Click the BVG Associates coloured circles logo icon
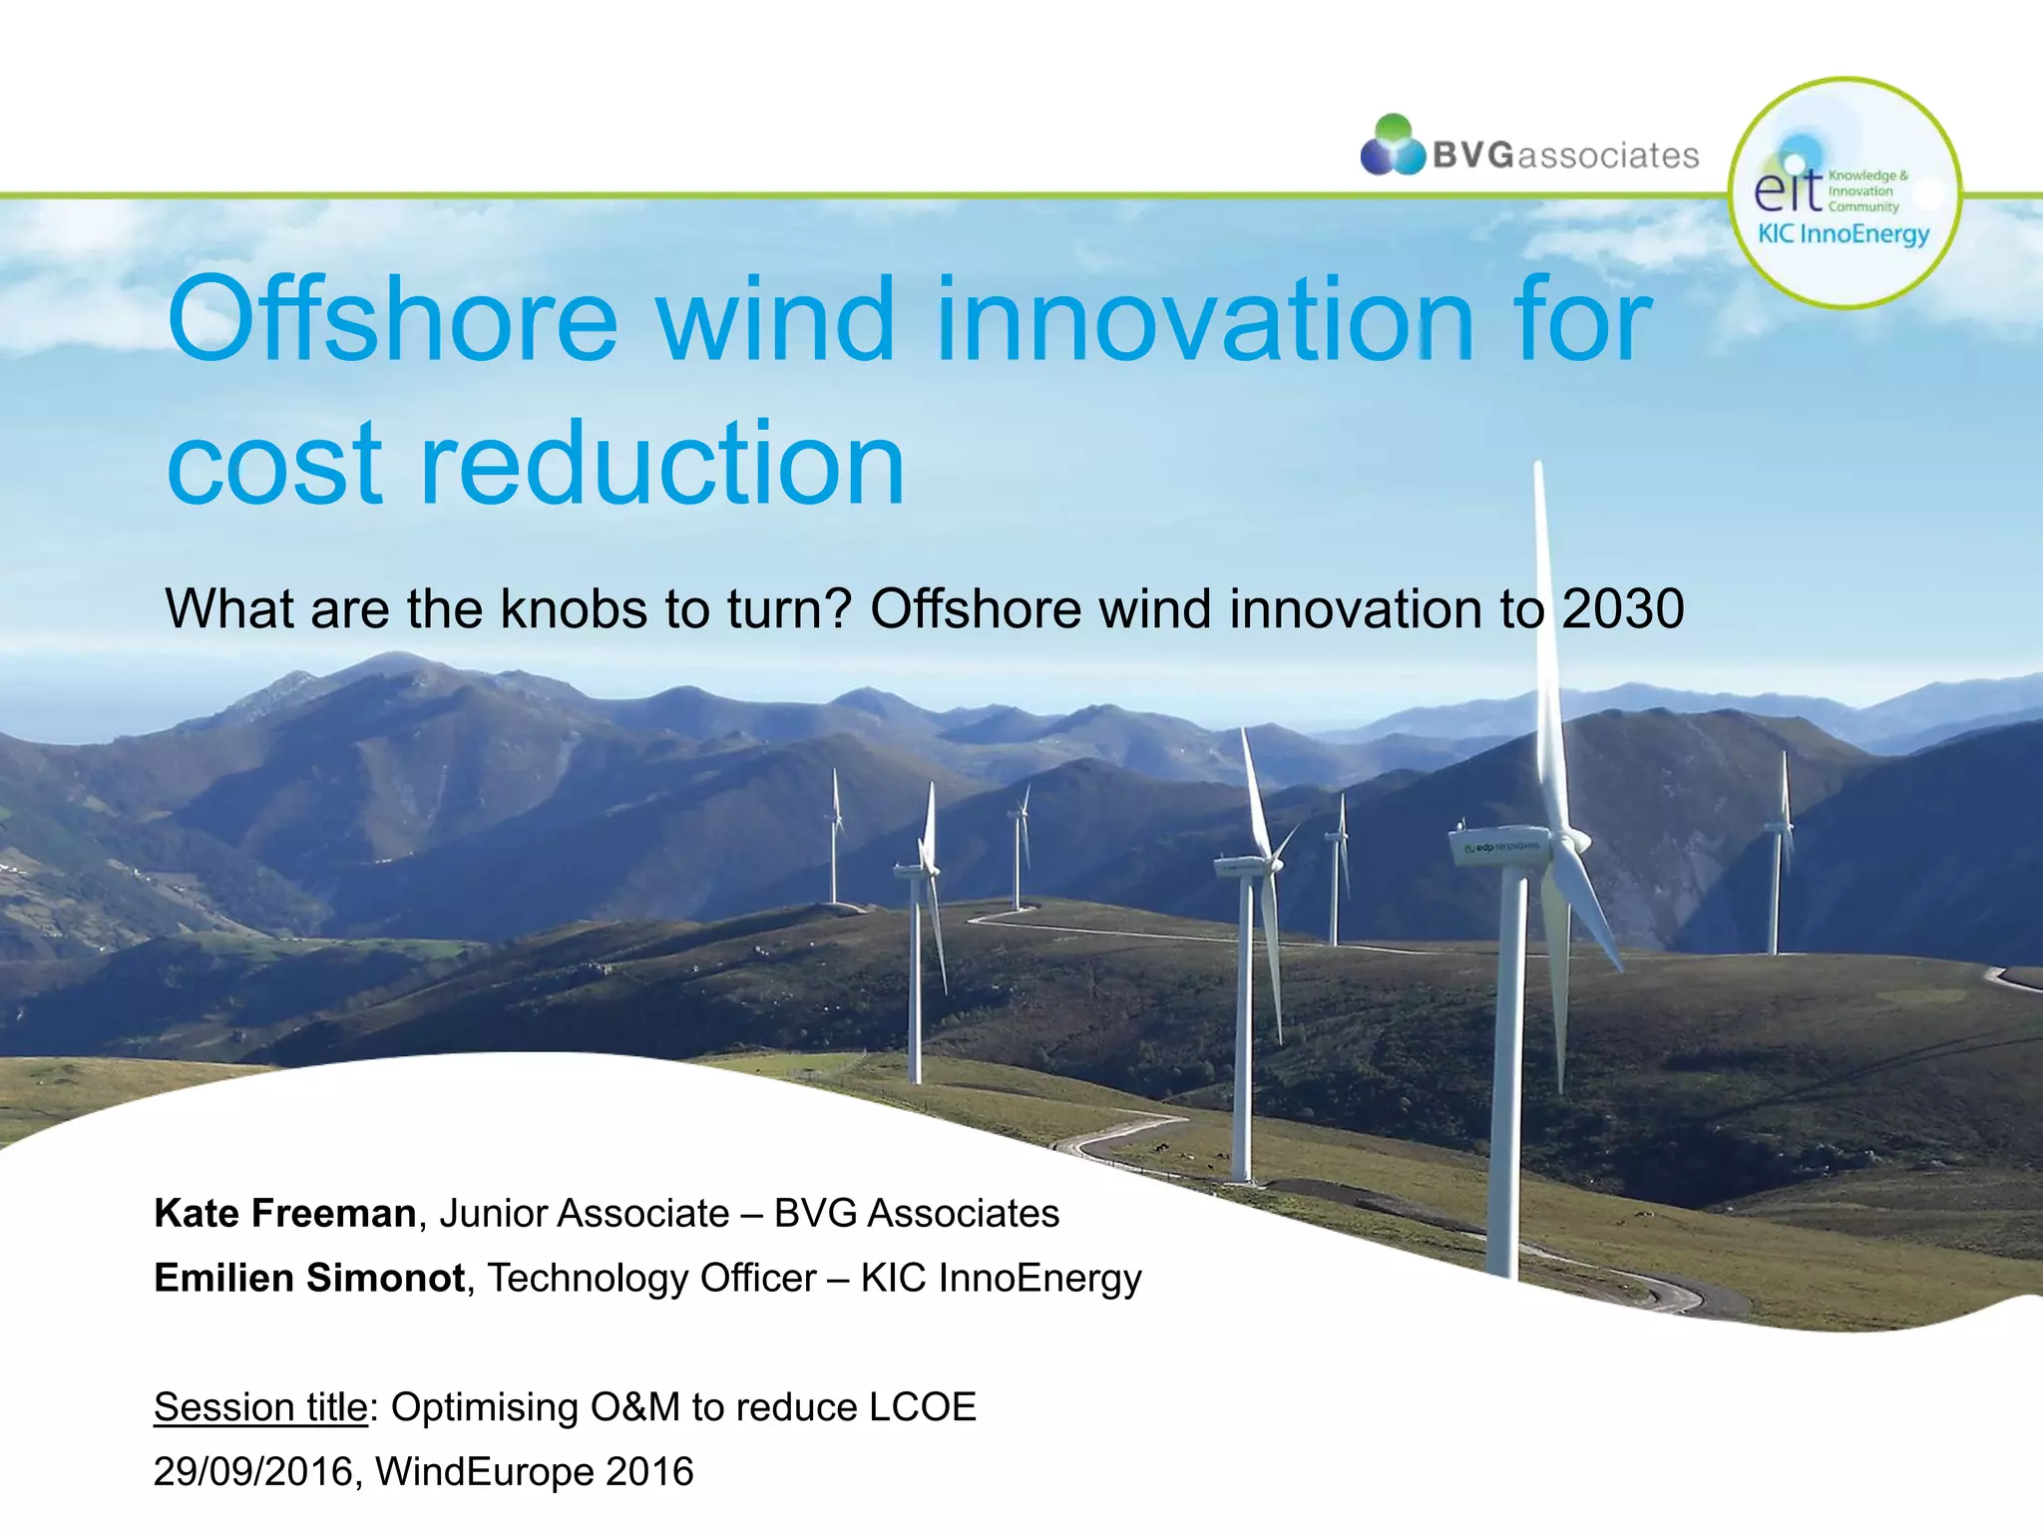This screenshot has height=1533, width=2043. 1393,147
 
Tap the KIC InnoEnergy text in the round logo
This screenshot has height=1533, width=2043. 1843,234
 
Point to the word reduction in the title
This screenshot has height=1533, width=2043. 661,464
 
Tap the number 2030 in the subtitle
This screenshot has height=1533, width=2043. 1623,608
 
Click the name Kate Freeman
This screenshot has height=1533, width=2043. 285,1214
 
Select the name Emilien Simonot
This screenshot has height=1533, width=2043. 309,1279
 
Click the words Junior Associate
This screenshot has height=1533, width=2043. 585,1214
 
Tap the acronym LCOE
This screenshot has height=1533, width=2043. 923,1407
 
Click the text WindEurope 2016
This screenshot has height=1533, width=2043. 534,1472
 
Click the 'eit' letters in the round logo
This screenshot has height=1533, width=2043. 1787,190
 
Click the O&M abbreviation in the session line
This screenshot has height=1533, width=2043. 634,1407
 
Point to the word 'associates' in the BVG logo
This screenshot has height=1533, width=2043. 1607,157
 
